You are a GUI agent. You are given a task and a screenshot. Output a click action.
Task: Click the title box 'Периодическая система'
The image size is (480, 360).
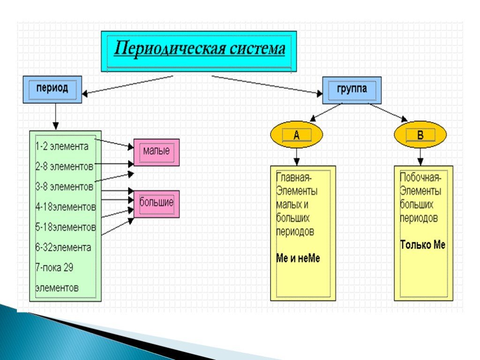tap(199, 51)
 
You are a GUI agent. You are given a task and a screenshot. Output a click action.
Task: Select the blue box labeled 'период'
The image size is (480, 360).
tap(52, 89)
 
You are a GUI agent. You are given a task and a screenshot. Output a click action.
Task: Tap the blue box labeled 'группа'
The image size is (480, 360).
tap(352, 90)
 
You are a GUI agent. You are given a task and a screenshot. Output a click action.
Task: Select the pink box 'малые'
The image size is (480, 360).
tap(157, 152)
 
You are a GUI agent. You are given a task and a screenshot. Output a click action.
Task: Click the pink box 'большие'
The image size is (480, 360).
tap(157, 203)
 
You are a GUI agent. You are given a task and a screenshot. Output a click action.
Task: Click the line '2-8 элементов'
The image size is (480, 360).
tap(64, 166)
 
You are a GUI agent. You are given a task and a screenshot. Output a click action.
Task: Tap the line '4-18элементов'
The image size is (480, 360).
tap(66, 207)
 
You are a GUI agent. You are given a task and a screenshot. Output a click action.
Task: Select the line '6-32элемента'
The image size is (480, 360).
tap(63, 247)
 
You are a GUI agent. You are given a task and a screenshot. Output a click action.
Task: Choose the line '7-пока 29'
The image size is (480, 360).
tap(54, 267)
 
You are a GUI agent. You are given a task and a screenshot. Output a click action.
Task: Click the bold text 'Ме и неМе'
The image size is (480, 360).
tap(298, 258)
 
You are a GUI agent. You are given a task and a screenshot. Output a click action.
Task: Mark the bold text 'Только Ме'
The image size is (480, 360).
tap(422, 245)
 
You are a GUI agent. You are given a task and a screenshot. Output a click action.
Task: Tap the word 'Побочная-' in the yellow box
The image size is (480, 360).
tap(420, 178)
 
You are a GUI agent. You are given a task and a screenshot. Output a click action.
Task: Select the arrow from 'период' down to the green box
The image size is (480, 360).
tap(56, 116)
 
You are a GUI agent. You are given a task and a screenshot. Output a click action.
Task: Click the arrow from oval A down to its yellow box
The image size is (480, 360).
tap(296, 155)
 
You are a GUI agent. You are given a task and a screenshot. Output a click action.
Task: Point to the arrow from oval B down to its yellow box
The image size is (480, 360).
tap(420, 155)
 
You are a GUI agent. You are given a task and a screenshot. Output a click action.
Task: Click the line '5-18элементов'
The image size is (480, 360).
tap(66, 227)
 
